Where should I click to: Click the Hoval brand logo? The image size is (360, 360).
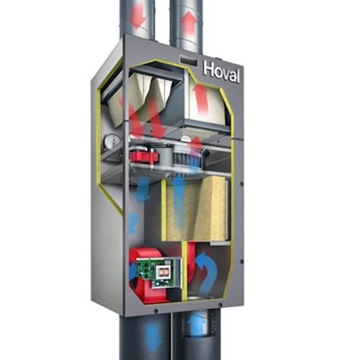click(221, 71)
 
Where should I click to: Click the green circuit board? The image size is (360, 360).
click(159, 272)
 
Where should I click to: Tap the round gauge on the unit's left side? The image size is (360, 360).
click(111, 141)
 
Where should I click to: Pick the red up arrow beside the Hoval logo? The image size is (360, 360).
click(199, 99)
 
